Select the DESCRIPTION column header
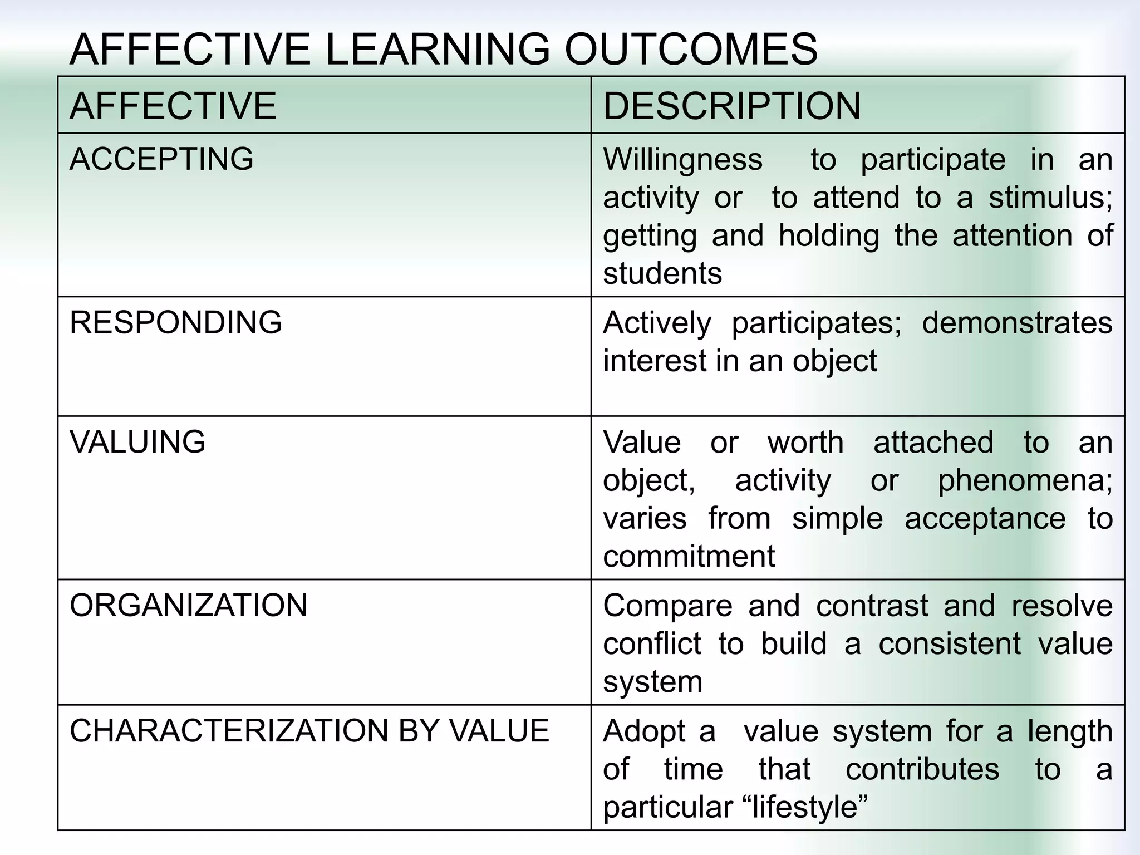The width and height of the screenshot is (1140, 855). [x=731, y=106]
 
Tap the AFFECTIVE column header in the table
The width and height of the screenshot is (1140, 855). [x=173, y=106]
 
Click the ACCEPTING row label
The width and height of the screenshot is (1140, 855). [x=161, y=159]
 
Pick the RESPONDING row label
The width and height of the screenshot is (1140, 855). [x=175, y=322]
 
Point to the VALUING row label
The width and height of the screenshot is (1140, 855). [x=137, y=442]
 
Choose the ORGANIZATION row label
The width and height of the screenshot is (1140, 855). [x=188, y=606]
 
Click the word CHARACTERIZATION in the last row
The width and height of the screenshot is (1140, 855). [x=228, y=731]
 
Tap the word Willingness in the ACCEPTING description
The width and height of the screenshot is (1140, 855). [x=682, y=160]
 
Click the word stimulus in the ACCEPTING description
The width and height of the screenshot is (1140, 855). [x=1049, y=198]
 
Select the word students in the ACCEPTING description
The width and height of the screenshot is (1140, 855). [x=662, y=274]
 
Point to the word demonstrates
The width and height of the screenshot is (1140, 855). [x=1017, y=323]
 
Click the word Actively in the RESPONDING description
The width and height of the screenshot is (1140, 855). [x=657, y=323]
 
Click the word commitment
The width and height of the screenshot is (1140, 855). [x=689, y=556]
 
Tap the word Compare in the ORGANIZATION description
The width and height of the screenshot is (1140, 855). [x=667, y=606]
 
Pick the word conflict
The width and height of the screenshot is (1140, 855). [x=652, y=644]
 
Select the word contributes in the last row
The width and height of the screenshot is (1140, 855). [x=922, y=769]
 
